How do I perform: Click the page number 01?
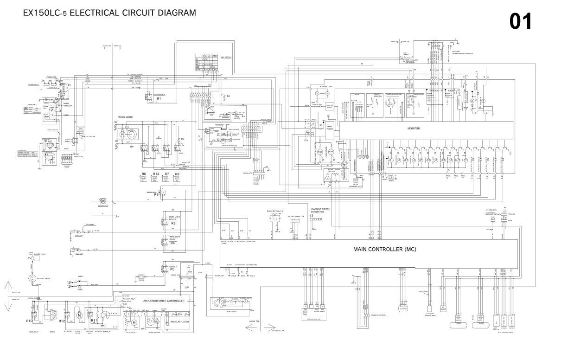pos(521,21)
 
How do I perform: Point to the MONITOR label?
pos(414,129)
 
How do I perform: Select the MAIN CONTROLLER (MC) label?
pos(385,249)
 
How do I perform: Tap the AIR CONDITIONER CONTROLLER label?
pos(164,301)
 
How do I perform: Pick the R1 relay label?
pos(159,99)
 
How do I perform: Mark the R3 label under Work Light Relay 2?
pos(173,223)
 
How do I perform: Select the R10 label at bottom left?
pos(29,321)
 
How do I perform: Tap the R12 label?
pos(62,321)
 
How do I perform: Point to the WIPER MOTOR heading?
pos(126,117)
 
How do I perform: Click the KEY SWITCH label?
pos(226,57)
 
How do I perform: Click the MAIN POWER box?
pos(330,128)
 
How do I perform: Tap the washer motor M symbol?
pos(103,200)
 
